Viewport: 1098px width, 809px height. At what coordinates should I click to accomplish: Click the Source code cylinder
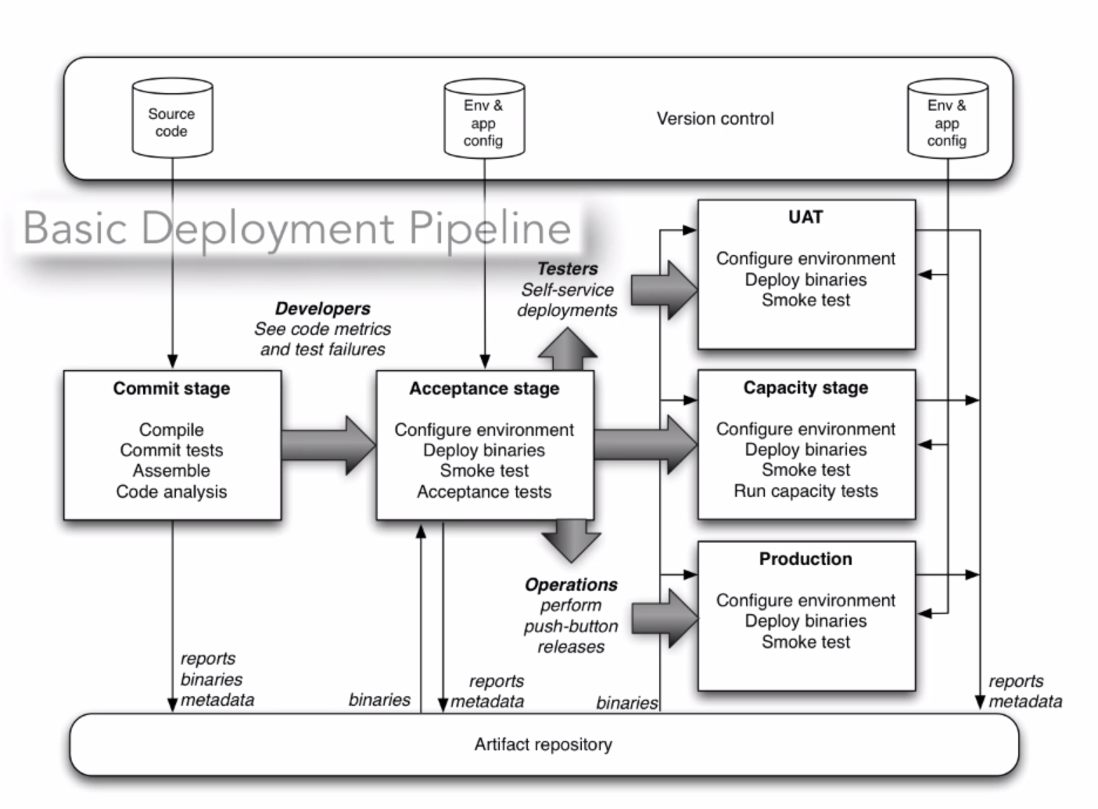click(172, 118)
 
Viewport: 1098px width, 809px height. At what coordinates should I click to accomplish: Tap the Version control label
click(715, 119)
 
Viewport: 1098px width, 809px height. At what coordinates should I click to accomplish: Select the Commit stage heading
click(171, 389)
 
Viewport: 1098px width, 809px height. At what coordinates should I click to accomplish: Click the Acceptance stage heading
click(484, 389)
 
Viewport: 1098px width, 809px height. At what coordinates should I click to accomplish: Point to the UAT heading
click(806, 218)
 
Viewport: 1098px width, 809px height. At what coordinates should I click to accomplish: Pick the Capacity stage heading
click(806, 388)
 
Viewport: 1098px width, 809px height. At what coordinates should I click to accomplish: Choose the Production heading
click(806, 559)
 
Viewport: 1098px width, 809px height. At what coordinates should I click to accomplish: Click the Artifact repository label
click(543, 745)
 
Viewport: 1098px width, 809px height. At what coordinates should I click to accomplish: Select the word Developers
click(322, 309)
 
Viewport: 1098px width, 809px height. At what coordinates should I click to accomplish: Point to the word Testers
click(567, 269)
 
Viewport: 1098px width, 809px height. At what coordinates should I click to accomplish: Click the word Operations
click(571, 585)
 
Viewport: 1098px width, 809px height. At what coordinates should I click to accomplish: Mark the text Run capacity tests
click(806, 491)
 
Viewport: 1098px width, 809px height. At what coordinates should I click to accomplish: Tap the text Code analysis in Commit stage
click(171, 492)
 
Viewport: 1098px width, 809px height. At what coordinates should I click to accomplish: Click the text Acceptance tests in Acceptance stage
click(484, 492)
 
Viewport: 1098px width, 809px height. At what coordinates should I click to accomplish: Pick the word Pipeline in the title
click(490, 228)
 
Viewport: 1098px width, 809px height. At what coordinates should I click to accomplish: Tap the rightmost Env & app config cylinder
click(947, 119)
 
